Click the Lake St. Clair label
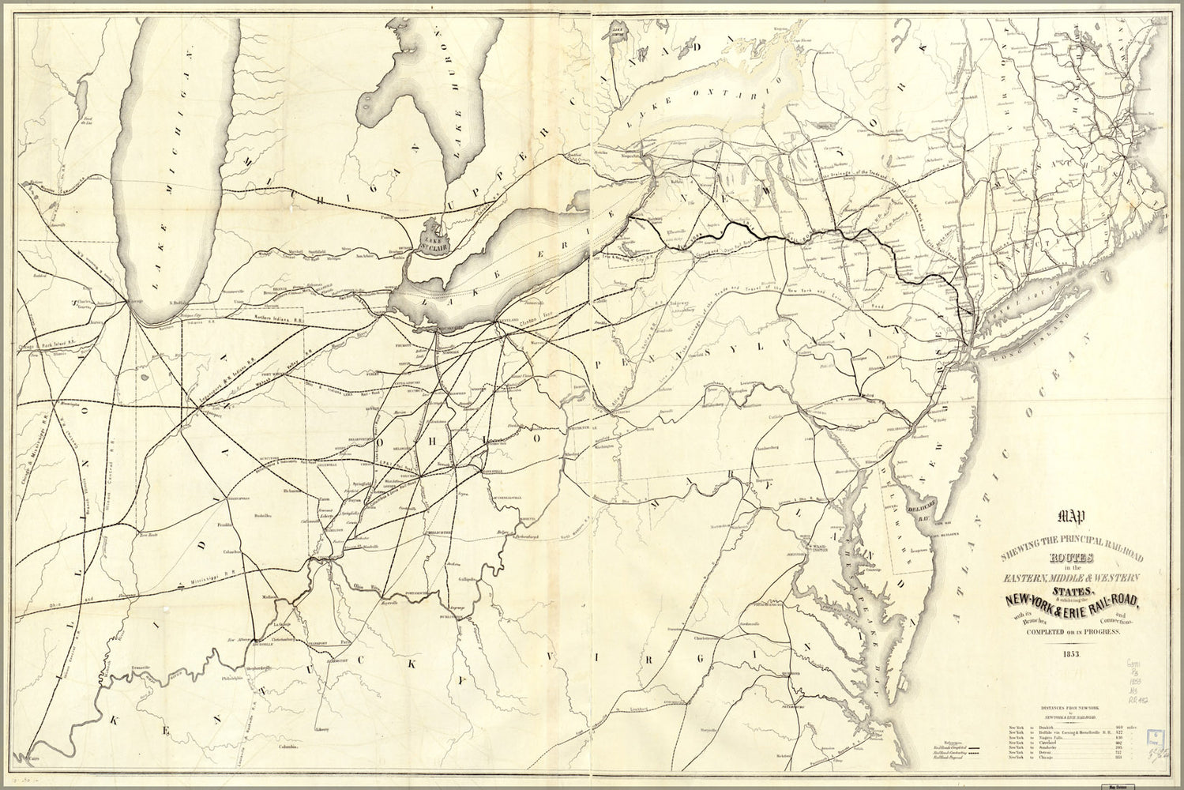coord(441,230)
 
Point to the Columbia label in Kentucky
coord(286,746)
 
